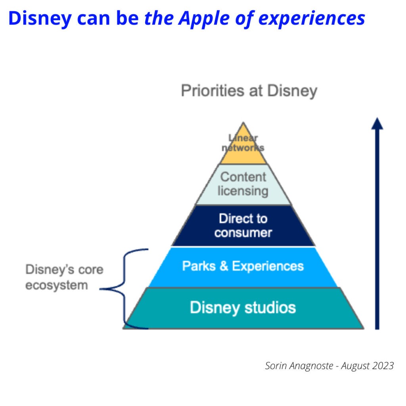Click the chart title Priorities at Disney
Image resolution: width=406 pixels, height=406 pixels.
249,91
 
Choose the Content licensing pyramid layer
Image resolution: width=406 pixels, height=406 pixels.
243,184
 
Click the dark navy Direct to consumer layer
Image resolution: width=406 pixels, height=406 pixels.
243,225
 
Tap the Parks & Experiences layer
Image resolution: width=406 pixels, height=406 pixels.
243,266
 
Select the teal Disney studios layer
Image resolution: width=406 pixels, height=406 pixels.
243,308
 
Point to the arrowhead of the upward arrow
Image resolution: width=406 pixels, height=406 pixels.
377,123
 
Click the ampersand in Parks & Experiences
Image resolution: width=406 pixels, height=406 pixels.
224,266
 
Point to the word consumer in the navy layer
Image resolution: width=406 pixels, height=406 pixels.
243,232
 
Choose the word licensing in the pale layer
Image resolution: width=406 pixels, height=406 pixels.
243,191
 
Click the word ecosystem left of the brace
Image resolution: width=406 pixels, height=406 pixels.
56,285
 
